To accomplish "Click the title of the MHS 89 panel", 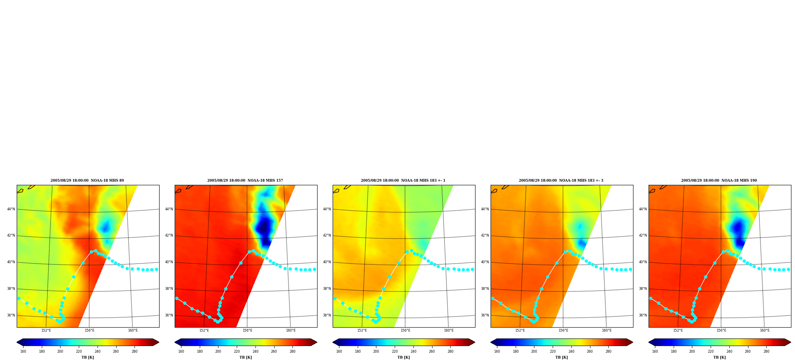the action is tap(87, 181).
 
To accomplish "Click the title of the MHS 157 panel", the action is tap(245, 181).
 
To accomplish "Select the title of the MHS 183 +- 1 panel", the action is tap(403, 181).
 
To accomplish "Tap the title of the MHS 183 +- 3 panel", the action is tap(561, 181).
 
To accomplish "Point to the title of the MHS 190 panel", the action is tap(719, 181).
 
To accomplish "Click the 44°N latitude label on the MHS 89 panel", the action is tap(11, 209).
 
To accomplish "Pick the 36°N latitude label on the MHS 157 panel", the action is tap(169, 315).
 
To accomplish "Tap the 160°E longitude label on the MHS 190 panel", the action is tap(765, 330).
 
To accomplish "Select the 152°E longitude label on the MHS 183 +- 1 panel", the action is tap(362, 330).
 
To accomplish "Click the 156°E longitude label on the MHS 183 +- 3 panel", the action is tap(563, 330).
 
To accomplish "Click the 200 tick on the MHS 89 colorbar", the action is tap(60, 351).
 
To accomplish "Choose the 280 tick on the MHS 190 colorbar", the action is tap(766, 351).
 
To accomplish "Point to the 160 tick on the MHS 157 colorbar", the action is tap(181, 351).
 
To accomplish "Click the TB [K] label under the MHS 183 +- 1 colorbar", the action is tap(403, 357).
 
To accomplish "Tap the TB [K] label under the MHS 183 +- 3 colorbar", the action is tap(561, 357).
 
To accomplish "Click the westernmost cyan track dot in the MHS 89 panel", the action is tap(19, 298).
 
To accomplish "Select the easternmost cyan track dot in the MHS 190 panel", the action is tap(788, 269).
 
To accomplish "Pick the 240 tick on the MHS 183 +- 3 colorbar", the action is tap(571, 351).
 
